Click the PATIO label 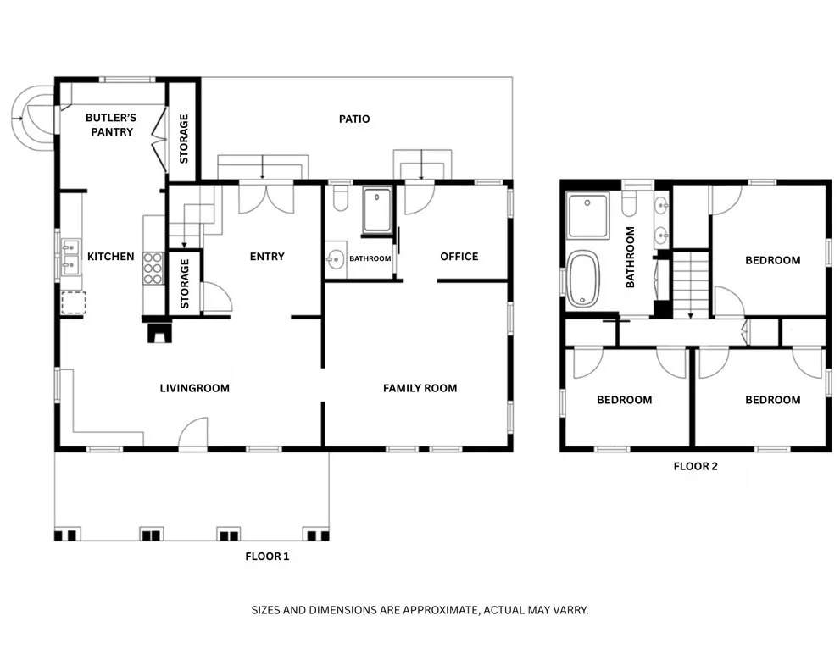coord(354,119)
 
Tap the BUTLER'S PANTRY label coord(109,125)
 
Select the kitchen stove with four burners coord(153,268)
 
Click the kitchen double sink coord(70,256)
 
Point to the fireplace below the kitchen coord(158,332)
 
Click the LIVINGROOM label coord(195,389)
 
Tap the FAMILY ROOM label coord(420,389)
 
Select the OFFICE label coord(459,257)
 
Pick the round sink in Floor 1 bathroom coord(335,258)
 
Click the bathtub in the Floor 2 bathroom coord(583,279)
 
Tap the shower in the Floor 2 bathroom coord(588,215)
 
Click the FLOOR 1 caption coord(267,557)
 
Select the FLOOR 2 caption coord(696,467)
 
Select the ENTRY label coord(267,257)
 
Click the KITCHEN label coord(111,257)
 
